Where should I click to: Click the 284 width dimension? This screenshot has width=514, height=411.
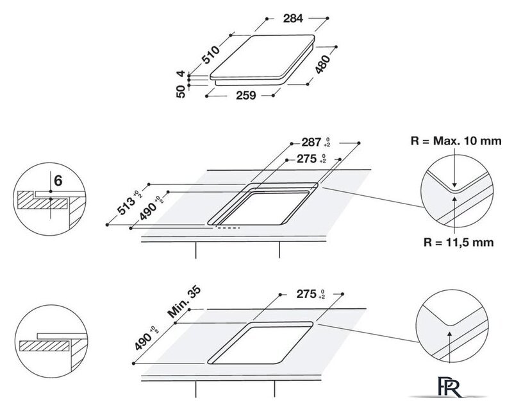point(293,19)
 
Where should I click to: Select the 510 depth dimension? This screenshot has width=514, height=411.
point(210,55)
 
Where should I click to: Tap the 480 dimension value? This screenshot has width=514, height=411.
point(322,64)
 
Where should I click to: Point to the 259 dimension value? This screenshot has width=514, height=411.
point(246,95)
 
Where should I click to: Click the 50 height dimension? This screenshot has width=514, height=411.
point(181,91)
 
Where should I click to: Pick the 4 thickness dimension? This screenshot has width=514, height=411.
point(181,74)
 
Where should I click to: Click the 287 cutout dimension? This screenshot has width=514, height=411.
point(311,143)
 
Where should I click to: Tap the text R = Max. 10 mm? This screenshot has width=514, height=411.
point(456,141)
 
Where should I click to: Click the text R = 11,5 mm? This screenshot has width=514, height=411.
point(458,243)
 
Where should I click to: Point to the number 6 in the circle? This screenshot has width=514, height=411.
point(58,180)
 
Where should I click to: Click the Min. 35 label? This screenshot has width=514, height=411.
point(184,302)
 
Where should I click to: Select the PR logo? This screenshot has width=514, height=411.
point(451,387)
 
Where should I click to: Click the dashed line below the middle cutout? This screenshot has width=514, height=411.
point(228,227)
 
